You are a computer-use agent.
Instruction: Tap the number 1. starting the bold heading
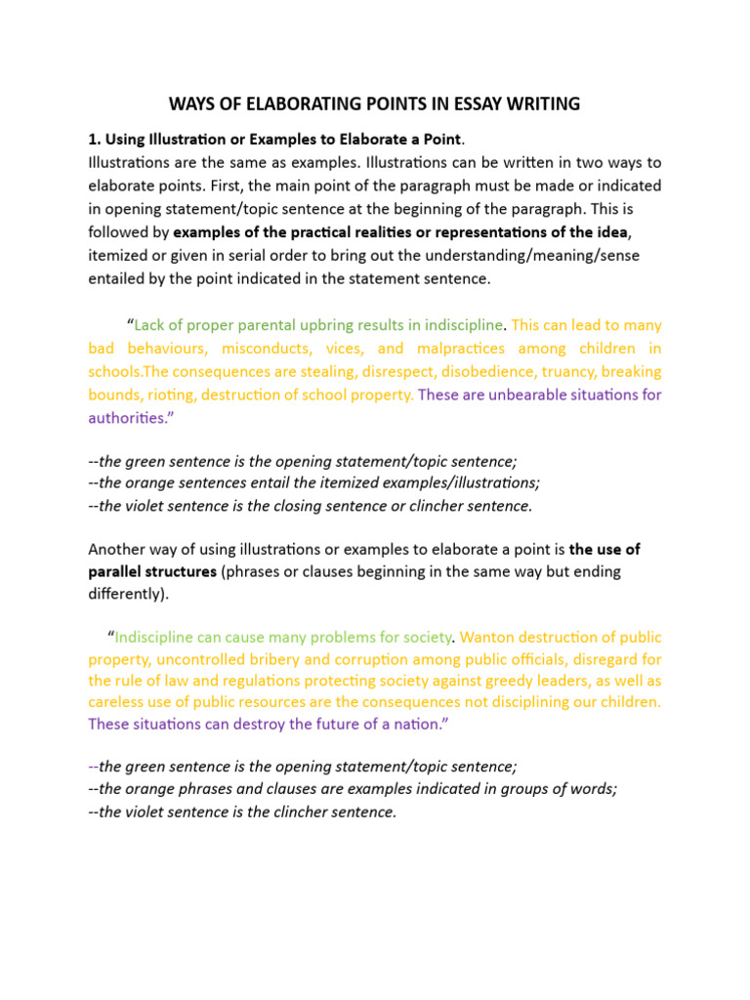pyautogui.click(x=94, y=138)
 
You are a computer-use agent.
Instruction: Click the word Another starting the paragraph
pyautogui.click(x=117, y=548)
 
